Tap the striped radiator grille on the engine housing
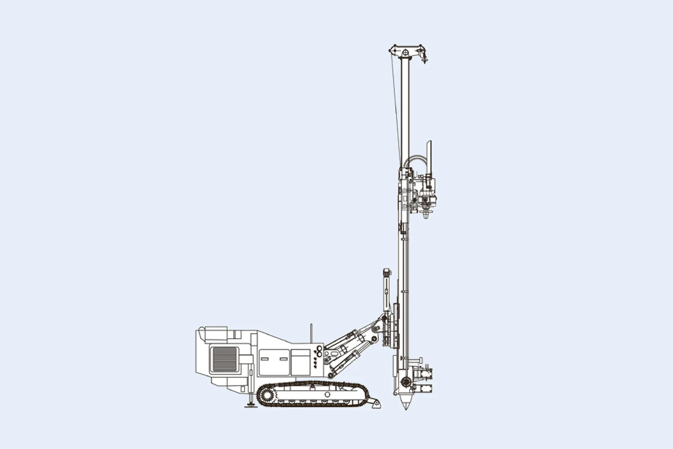(225, 359)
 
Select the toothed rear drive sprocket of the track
(266, 396)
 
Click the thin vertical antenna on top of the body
(311, 333)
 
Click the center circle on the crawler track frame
(327, 394)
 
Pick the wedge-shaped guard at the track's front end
(375, 404)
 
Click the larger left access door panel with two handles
(274, 361)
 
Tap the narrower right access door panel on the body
(300, 361)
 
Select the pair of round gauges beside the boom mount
(319, 351)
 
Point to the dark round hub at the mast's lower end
(406, 382)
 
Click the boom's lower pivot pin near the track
(331, 375)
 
